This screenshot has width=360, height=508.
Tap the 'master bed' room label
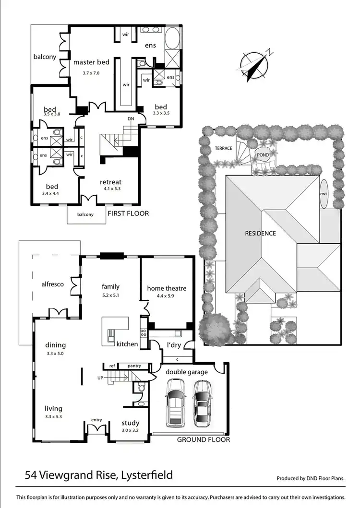tap(91, 62)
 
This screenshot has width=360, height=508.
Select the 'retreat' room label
tap(110, 182)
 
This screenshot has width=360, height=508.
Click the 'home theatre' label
tap(167, 288)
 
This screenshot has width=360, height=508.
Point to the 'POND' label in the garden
tap(263, 155)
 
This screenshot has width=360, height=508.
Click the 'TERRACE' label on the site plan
tap(223, 148)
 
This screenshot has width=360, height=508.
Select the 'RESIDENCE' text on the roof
tap(260, 234)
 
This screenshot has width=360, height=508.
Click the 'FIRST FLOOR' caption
tap(128, 213)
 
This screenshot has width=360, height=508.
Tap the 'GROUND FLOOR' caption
tap(204, 439)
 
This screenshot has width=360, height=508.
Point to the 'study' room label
tap(130, 423)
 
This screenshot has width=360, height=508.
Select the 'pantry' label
tap(134, 366)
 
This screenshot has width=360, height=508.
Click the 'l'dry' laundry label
tap(173, 345)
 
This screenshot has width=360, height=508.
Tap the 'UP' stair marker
tap(100, 378)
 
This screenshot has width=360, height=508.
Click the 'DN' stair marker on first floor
tap(131, 118)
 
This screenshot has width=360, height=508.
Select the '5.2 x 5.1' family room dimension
tap(110, 295)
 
